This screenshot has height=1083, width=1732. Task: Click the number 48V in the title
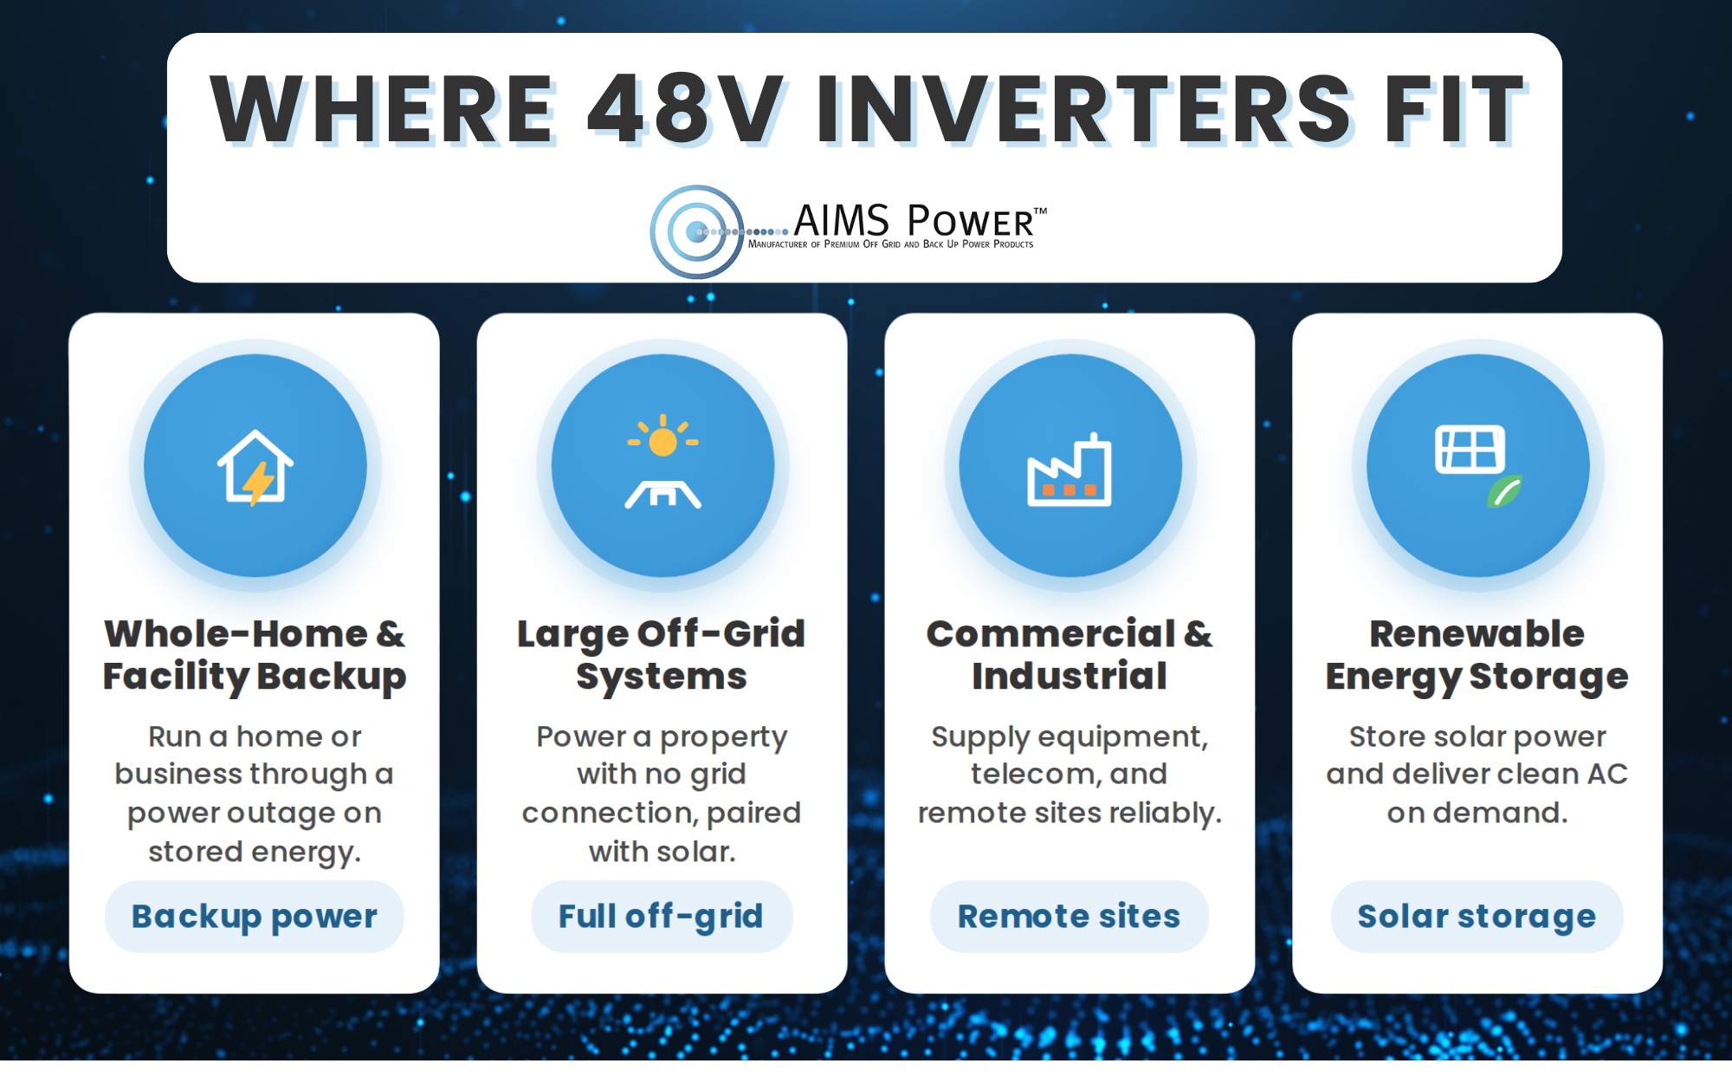[x=684, y=109]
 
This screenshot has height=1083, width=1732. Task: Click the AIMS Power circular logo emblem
[x=697, y=231]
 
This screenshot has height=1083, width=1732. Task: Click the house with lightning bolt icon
[x=255, y=467]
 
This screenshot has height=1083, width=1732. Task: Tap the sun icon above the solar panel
[x=663, y=437]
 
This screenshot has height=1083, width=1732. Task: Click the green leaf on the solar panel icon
[x=1505, y=491]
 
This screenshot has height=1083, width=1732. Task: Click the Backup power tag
[x=255, y=917]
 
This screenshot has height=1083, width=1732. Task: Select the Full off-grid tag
[x=662, y=917]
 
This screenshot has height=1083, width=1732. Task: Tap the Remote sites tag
[x=1070, y=917]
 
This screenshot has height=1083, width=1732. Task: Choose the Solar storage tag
[x=1477, y=917]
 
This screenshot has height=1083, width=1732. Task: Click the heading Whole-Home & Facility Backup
[x=255, y=656]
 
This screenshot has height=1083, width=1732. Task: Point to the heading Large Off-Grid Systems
[x=662, y=656]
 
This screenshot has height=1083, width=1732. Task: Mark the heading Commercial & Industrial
[x=1070, y=655]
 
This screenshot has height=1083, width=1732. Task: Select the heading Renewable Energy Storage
[x=1477, y=656]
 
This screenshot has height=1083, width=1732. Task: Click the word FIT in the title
[x=1455, y=109]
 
